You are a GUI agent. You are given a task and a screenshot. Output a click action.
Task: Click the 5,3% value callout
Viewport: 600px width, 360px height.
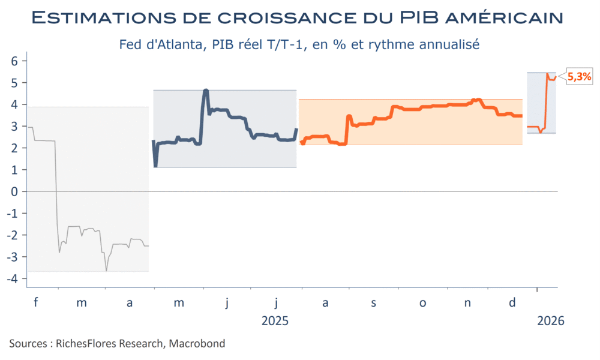tap(580, 76)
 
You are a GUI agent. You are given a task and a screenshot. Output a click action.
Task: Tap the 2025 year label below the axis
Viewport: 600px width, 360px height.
tap(275, 321)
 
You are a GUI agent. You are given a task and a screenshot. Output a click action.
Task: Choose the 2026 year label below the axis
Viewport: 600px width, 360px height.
tap(551, 321)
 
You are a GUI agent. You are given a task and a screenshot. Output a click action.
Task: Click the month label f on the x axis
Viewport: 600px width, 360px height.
tap(35, 303)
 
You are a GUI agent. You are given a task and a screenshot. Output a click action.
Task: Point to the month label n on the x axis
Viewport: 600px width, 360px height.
tap(467, 303)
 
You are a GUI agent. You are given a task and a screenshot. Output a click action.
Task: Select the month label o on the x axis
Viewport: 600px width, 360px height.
tap(422, 303)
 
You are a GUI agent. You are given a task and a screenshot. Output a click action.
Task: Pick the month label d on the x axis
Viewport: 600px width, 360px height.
tap(512, 303)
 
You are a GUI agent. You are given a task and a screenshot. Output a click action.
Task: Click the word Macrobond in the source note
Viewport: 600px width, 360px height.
tap(197, 343)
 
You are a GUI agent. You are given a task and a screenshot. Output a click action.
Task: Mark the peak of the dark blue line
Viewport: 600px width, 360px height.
tap(206, 90)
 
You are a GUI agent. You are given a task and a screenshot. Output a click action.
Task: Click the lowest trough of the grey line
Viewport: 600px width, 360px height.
tap(107, 271)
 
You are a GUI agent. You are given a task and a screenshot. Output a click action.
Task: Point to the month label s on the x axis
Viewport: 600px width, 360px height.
tap(373, 303)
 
